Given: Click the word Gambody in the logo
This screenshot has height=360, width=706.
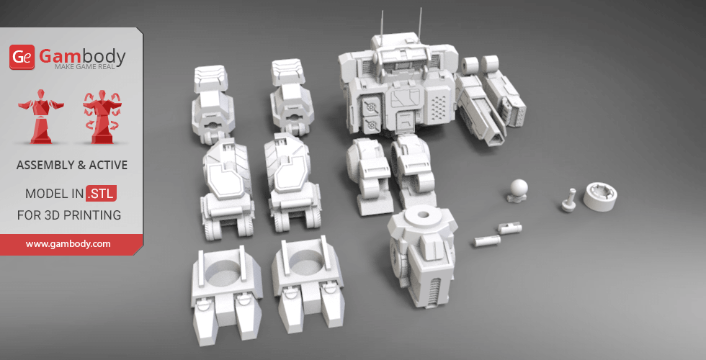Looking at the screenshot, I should coord(81,55).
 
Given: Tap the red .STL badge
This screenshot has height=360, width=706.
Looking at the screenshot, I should coord(101,194).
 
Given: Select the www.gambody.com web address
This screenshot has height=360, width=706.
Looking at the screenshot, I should coord(68,244).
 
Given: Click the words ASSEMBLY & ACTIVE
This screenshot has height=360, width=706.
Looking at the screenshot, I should coord(71,166).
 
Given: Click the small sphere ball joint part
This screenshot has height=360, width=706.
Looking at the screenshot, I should coord(517,189).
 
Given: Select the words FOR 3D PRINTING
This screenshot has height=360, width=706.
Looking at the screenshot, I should coord(69,215).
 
